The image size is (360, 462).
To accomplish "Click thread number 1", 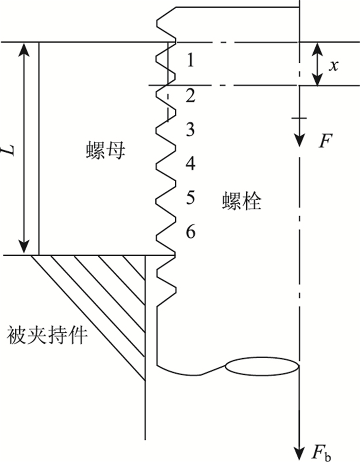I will point(190,61).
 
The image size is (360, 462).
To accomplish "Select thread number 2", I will point(190,96).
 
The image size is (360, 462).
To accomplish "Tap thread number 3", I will point(190,130).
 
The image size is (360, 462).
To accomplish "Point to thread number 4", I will point(190,164).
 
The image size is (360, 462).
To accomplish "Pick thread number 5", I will point(190,198).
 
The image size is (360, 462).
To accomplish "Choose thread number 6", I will point(190,233).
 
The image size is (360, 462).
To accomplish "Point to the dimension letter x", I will point(334,65).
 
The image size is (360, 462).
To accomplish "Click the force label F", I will point(323,140).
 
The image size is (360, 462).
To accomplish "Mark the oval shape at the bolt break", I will point(262,366).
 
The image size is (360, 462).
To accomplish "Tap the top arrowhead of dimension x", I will point(318,47).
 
